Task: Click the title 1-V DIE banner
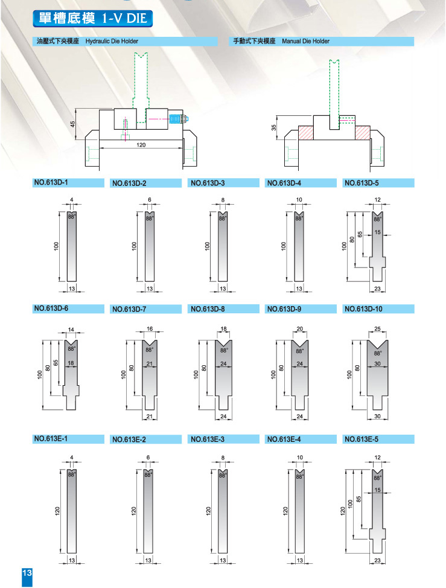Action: coord(92,18)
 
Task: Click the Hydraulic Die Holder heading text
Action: coord(112,41)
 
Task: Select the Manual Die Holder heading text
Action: coord(305,41)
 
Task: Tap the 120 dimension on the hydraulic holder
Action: coord(141,145)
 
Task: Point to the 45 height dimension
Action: coord(73,123)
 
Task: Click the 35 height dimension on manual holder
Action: coord(273,128)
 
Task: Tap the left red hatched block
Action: coord(306,132)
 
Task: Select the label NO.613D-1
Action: coord(51,183)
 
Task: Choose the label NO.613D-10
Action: coord(363,309)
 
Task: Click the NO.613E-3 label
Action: coord(208,439)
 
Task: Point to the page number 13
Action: coord(27,573)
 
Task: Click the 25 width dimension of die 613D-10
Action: coord(377,329)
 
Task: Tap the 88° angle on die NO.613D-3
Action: coord(223,219)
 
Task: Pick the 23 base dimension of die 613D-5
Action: coord(377,289)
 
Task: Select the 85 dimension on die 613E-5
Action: coord(359,499)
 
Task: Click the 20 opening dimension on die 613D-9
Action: coord(300,329)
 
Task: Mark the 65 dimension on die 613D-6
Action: coord(56,363)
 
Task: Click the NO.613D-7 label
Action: coord(129,309)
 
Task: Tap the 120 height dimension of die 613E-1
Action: coord(57,510)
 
